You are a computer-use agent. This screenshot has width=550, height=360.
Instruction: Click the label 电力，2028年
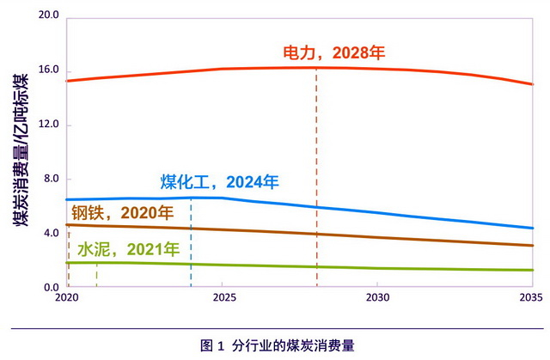[334, 52]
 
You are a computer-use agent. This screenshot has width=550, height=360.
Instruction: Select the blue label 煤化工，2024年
[220, 182]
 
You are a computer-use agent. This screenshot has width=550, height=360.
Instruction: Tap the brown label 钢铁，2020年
[122, 212]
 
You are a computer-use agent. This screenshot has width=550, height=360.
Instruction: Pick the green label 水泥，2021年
[129, 250]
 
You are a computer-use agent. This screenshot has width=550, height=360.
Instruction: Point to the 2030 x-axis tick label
[376, 298]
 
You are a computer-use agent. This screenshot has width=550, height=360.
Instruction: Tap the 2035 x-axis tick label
[530, 298]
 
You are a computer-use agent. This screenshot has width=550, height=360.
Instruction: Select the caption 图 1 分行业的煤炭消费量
[278, 345]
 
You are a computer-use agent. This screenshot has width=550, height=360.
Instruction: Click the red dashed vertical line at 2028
[316, 172]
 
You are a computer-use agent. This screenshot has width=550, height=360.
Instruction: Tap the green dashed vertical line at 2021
[97, 276]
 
